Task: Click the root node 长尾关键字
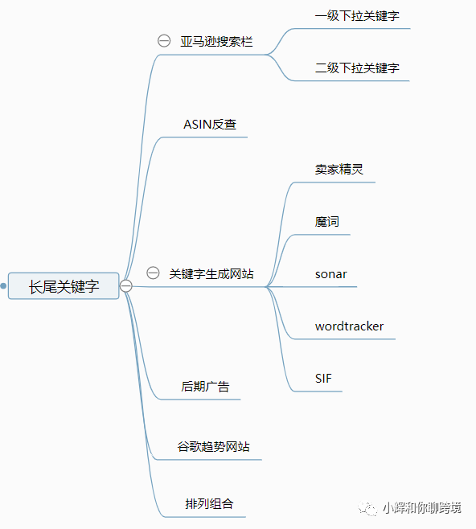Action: (x=64, y=286)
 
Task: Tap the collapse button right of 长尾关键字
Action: (x=126, y=286)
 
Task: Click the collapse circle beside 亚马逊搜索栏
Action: (x=164, y=41)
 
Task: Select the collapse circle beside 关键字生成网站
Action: (x=153, y=273)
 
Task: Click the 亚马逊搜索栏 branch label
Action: (x=216, y=42)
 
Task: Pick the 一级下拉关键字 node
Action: (x=357, y=16)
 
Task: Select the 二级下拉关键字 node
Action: (x=357, y=68)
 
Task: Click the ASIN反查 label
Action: (x=210, y=125)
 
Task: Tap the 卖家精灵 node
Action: (x=339, y=170)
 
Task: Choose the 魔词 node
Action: (x=326, y=222)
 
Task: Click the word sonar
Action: (x=330, y=274)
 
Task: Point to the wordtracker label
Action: (x=349, y=326)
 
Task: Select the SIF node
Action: (x=323, y=379)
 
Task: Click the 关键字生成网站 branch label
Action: (x=211, y=273)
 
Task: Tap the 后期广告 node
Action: (x=205, y=386)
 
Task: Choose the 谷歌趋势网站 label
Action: (x=213, y=447)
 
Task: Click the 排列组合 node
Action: (x=209, y=504)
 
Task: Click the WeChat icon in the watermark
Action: (x=367, y=508)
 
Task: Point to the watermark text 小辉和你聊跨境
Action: (x=421, y=508)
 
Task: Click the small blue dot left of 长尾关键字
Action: (x=3, y=286)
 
